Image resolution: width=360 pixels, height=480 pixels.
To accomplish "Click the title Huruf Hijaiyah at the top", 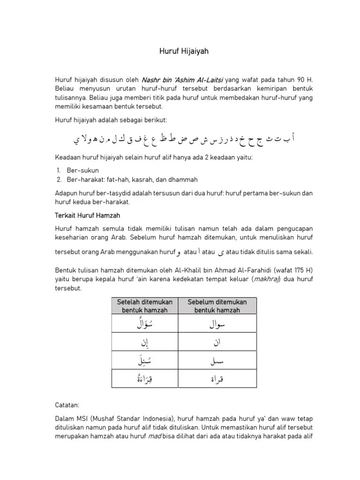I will [x=183, y=52].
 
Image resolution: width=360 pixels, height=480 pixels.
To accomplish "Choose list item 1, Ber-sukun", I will [x=83, y=171].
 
